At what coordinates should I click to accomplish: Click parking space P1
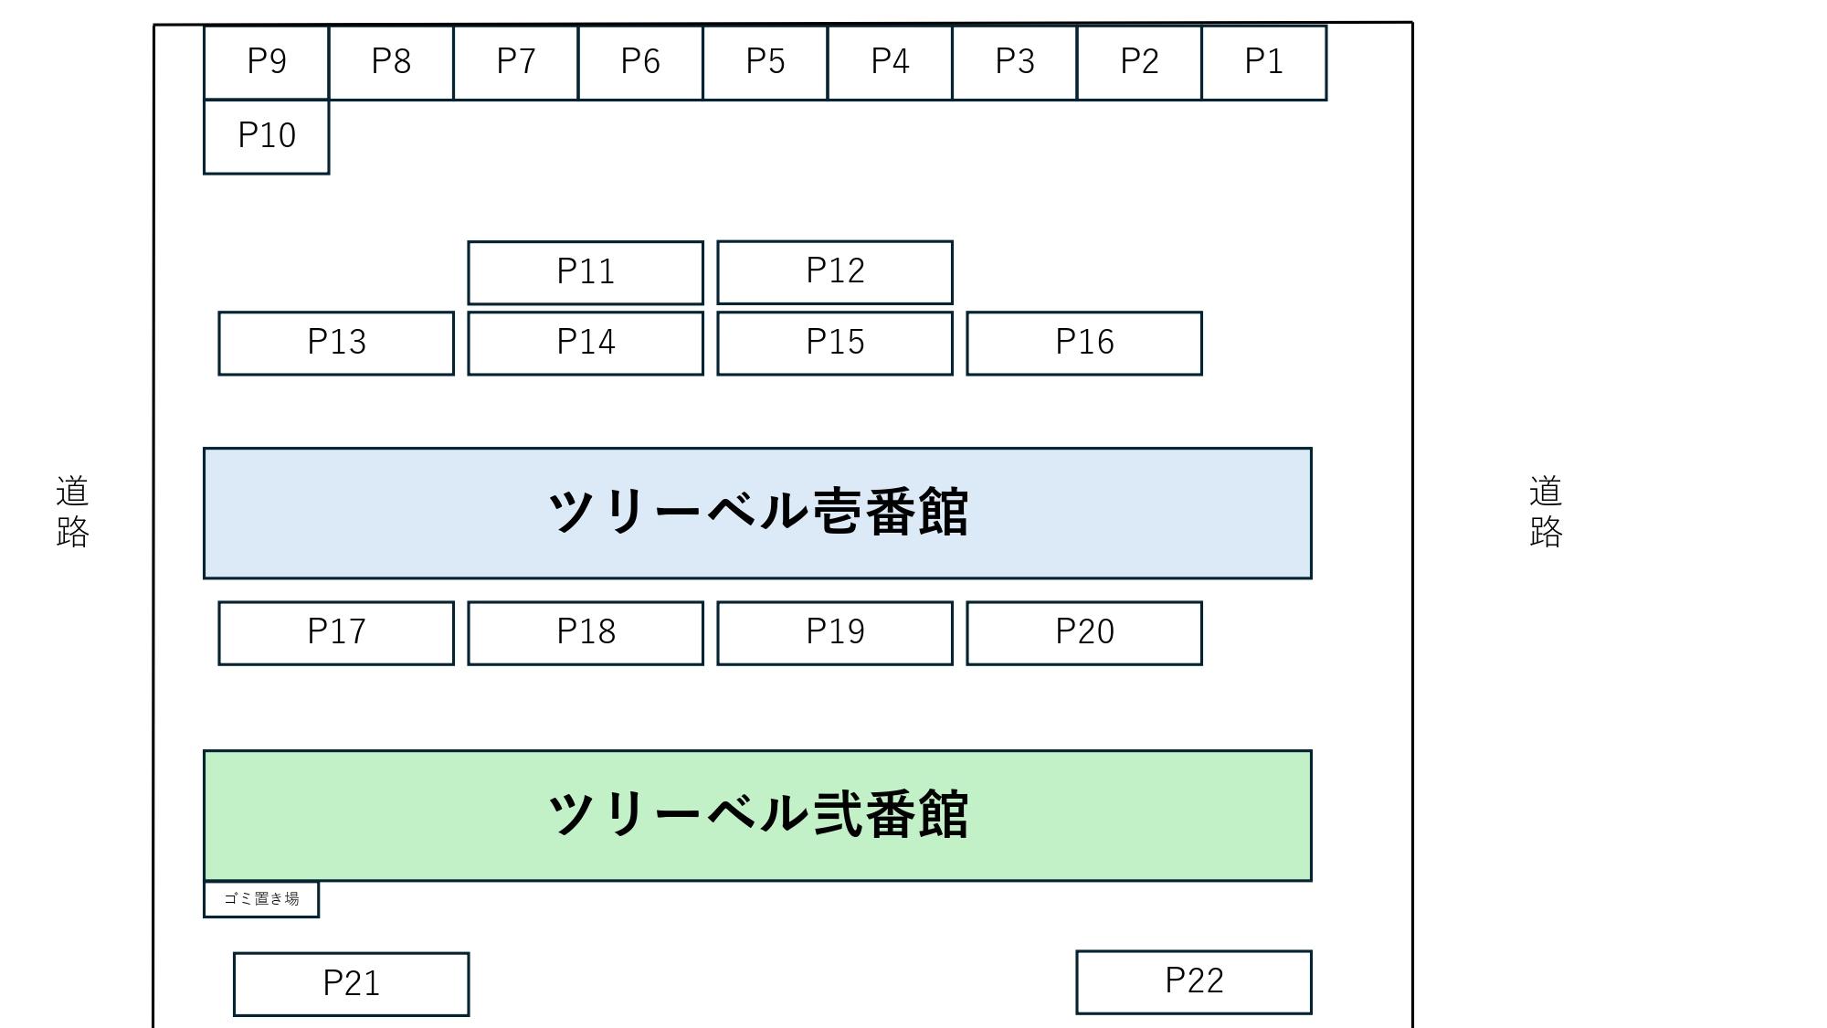[1264, 62]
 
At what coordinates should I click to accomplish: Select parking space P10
[266, 136]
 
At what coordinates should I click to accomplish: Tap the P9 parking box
[266, 62]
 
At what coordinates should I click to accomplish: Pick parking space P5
[766, 62]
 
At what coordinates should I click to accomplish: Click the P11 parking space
[586, 272]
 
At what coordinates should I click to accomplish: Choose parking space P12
[835, 271]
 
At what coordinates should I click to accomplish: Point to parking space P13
[336, 343]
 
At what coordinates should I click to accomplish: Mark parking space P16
[1084, 343]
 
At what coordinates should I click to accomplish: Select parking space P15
[835, 343]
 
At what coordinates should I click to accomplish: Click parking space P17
[336, 632]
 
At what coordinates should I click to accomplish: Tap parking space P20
[1084, 632]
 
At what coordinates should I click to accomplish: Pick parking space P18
[586, 632]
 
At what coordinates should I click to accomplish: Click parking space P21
[352, 984]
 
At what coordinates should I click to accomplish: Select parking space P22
[1194, 981]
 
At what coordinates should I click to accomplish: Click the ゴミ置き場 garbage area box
[261, 899]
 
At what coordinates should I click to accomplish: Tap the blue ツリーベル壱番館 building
[757, 513]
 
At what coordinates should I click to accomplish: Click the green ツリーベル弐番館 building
[757, 815]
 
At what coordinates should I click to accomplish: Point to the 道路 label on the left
[72, 511]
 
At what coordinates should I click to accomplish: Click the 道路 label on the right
[1546, 511]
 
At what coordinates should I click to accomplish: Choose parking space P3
[1015, 62]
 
